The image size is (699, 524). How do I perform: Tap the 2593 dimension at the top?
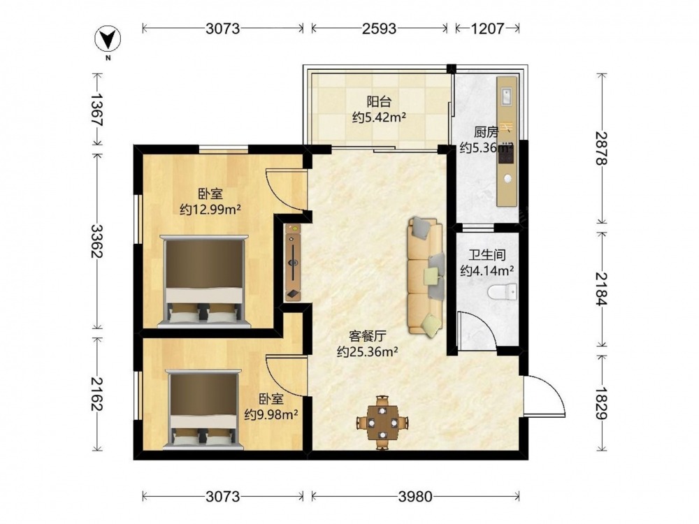click(x=379, y=29)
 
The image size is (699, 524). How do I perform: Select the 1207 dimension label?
click(x=487, y=29)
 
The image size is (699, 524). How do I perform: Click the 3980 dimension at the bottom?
click(x=415, y=496)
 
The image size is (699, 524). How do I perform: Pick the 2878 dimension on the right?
click(x=602, y=148)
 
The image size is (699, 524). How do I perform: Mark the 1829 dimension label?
click(x=602, y=403)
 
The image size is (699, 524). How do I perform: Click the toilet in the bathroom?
click(x=503, y=292)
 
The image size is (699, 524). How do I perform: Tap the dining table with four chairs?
click(x=382, y=422)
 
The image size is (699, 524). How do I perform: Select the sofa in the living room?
click(x=426, y=276)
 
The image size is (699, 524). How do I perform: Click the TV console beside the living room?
click(x=293, y=263)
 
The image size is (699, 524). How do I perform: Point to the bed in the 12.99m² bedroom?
click(x=204, y=281)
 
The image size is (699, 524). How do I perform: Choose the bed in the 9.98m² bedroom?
click(x=203, y=409)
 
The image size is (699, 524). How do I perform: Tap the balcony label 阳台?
click(x=379, y=101)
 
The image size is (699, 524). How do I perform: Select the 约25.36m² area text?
click(x=368, y=352)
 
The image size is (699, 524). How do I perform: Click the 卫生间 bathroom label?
click(x=487, y=255)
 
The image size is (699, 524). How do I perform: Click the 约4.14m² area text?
click(x=487, y=270)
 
